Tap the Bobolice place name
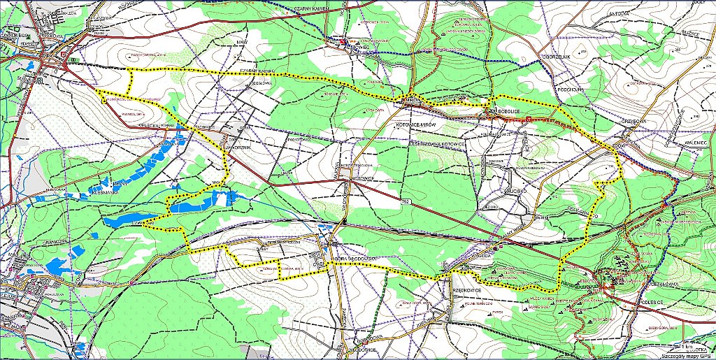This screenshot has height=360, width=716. [x=509, y=110]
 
